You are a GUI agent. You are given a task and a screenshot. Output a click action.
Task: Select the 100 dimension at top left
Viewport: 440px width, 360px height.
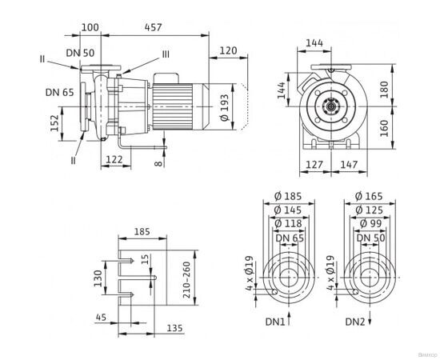pos(90,28)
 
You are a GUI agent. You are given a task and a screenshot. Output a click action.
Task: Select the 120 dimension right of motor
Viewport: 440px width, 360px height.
pos(228,50)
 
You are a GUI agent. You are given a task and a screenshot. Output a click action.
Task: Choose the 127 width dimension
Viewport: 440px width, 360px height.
pos(314,166)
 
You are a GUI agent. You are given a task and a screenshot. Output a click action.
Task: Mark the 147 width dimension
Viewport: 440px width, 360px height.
pos(348,166)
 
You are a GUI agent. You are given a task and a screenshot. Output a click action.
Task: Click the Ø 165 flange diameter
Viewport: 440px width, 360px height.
pos(369,195)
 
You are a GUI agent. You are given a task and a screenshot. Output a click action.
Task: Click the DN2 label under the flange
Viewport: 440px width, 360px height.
pos(356,322)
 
